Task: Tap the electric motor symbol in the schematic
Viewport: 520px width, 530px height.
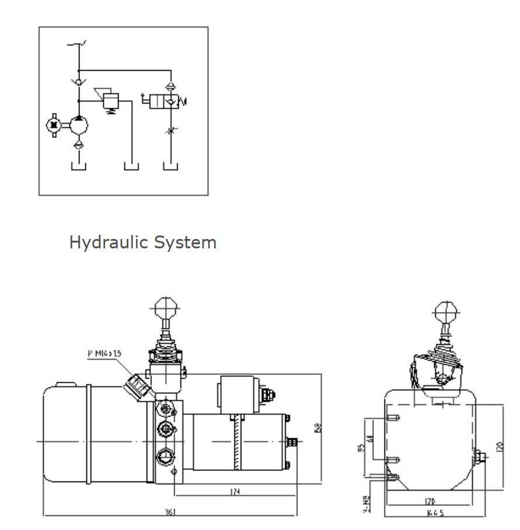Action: [54, 125]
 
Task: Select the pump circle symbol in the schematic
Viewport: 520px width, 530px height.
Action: [79, 125]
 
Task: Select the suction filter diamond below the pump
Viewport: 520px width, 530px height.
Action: [79, 144]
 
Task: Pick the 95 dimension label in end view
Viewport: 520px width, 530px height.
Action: [362, 448]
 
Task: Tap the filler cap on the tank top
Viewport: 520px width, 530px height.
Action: [64, 384]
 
